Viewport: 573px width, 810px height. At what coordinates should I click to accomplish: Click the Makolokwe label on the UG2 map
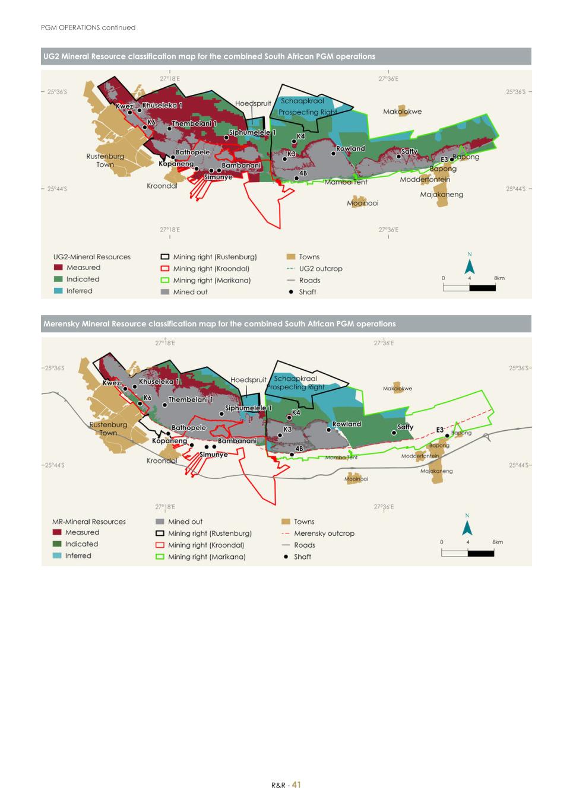[402, 112]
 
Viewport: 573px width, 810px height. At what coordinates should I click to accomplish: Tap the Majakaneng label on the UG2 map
[441, 195]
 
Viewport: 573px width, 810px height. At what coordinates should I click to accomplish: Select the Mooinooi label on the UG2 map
[362, 203]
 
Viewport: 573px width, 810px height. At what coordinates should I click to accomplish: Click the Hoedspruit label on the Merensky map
[248, 380]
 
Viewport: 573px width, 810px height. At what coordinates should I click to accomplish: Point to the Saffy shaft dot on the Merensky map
[394, 433]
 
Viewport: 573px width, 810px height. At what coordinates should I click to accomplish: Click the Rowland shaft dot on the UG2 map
[334, 153]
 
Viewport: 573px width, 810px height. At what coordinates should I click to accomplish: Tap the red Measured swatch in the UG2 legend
[58, 268]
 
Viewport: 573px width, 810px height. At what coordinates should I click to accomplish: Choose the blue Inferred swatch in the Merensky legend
[57, 555]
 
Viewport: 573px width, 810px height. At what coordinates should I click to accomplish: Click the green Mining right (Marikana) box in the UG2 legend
[165, 280]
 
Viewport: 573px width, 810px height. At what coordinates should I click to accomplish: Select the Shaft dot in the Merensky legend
[286, 557]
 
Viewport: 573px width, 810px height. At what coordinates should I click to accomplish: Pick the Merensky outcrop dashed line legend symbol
[286, 533]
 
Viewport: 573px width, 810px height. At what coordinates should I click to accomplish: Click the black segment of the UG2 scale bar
[482, 288]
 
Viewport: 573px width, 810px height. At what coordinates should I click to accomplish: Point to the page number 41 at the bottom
[296, 784]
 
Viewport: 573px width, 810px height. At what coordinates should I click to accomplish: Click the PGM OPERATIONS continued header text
[88, 27]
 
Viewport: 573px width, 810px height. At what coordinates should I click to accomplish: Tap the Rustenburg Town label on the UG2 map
[105, 160]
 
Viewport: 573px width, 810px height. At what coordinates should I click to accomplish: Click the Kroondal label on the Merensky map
[162, 460]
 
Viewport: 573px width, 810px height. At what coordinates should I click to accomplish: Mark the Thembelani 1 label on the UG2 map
[194, 123]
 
